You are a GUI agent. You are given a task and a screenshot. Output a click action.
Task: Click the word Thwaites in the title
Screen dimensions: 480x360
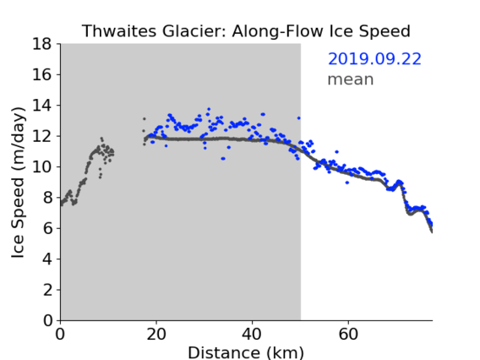tap(120, 31)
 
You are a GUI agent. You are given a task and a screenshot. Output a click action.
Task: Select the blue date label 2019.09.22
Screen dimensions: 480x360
tap(374, 59)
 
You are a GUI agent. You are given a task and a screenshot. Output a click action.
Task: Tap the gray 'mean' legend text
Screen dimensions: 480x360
tap(351, 79)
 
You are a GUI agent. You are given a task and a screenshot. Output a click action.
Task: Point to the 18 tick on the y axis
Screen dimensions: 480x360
tap(42, 44)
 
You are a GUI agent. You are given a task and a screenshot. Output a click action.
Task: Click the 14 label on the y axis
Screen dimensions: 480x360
tap(42, 106)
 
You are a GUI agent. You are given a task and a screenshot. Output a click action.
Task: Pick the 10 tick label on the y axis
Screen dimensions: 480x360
tap(42, 166)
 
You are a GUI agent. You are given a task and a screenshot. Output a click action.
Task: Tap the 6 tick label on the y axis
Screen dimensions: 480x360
tap(47, 228)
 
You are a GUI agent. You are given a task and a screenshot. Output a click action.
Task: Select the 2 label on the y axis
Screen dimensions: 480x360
tap(47, 290)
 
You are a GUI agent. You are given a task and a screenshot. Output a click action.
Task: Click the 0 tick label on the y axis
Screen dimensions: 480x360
tap(47, 321)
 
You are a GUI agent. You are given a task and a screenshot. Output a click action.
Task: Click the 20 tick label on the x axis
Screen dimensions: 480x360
tap(156, 335)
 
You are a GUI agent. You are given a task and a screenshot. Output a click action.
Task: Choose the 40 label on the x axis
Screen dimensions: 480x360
tap(252, 335)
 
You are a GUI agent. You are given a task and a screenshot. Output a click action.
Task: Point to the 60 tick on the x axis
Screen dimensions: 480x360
tap(348, 335)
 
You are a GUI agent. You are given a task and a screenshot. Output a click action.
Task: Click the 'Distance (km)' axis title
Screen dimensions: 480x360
tap(246, 353)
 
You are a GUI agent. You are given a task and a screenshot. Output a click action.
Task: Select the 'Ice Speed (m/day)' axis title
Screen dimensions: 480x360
tap(18, 183)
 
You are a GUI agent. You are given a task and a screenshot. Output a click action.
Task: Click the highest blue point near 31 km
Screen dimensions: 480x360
tap(209, 109)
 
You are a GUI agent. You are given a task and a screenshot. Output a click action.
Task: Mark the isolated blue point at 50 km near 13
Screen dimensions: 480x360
tap(299, 117)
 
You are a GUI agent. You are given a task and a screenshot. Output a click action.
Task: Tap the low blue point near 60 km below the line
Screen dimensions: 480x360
tap(346, 183)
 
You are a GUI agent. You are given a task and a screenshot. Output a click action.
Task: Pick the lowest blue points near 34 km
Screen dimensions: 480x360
tap(223, 158)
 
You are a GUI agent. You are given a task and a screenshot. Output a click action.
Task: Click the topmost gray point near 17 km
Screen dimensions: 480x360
tap(145, 119)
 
